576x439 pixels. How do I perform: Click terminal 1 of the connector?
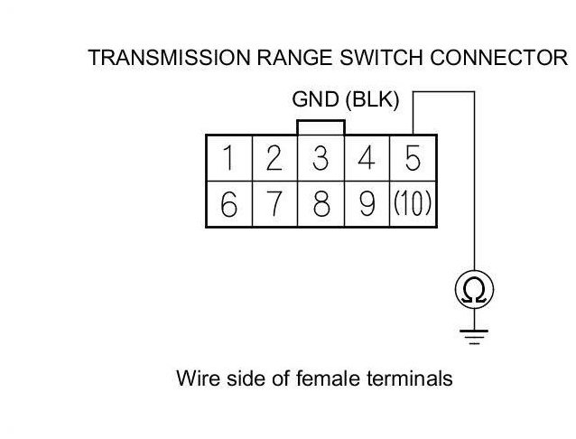click(x=229, y=159)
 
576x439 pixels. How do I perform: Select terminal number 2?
click(x=274, y=159)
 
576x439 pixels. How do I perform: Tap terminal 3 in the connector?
click(x=321, y=159)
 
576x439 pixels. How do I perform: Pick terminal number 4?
click(x=367, y=159)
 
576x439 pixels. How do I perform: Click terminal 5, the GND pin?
click(x=413, y=159)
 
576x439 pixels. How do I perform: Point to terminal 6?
click(x=229, y=205)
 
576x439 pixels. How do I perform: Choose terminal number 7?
click(x=274, y=205)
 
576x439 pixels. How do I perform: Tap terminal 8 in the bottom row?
click(x=321, y=205)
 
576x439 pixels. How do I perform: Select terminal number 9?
click(x=367, y=205)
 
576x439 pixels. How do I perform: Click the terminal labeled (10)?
click(x=413, y=205)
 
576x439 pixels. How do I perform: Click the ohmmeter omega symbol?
click(x=474, y=290)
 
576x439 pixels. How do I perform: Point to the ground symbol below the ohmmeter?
click(x=474, y=336)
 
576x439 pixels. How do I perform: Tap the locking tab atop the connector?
click(x=320, y=126)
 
